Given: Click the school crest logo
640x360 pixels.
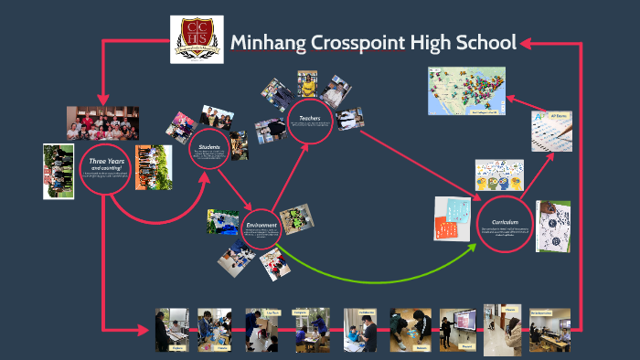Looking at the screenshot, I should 197,41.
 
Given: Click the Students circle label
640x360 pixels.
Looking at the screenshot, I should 211,146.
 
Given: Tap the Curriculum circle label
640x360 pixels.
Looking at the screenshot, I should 504,222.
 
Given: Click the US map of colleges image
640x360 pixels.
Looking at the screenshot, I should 466,90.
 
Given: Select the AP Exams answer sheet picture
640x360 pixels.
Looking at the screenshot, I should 552,132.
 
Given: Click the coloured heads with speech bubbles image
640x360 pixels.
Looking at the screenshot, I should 498,175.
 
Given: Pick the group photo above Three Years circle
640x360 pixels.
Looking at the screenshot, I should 102,122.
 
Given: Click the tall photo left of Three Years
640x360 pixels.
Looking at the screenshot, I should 59,171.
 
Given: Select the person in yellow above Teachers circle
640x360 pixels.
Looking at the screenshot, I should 309,88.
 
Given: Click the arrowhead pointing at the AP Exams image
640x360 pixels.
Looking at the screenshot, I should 549,155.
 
